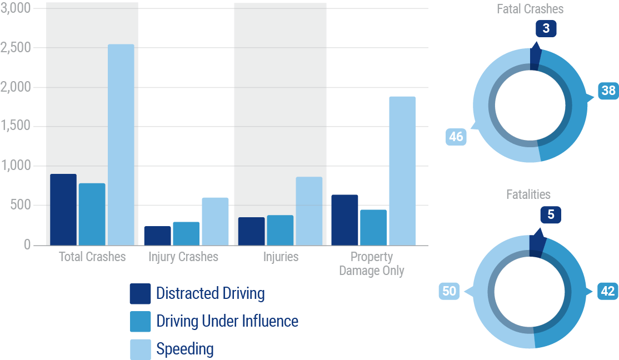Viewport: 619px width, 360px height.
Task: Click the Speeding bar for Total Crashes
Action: tap(121, 144)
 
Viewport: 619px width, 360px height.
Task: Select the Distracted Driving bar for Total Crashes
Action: tap(63, 209)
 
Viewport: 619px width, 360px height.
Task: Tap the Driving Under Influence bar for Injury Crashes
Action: tap(186, 233)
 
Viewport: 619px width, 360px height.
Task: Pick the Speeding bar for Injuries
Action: tap(309, 211)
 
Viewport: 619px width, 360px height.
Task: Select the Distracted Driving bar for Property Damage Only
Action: tap(345, 220)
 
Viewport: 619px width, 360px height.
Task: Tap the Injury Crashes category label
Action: tap(183, 257)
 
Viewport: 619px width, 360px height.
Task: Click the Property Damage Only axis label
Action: tap(372, 264)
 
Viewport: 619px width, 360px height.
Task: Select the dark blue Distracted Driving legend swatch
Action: tap(140, 293)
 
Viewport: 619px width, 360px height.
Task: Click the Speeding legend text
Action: tap(185, 349)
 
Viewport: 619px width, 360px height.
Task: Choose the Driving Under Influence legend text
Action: tap(227, 321)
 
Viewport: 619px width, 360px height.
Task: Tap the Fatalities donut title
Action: tap(528, 194)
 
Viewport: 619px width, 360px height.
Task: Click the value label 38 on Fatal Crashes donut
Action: tap(608, 90)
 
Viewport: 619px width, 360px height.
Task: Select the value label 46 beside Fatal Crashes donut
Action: tap(456, 137)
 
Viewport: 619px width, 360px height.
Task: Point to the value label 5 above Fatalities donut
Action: tap(551, 214)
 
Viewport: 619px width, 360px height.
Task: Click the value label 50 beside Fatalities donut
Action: tap(450, 292)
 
